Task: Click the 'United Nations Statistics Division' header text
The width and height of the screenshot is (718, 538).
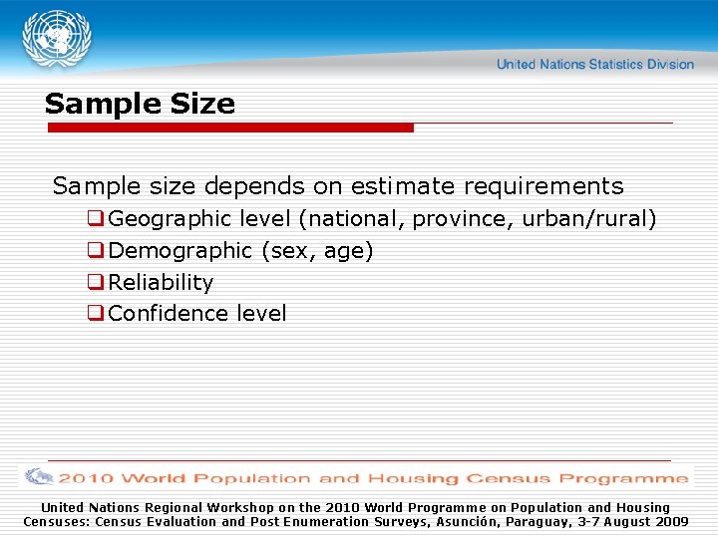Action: pyautogui.click(x=594, y=65)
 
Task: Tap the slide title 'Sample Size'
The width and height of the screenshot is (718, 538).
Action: pyautogui.click(x=140, y=104)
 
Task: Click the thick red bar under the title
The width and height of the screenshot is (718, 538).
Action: pyautogui.click(x=229, y=128)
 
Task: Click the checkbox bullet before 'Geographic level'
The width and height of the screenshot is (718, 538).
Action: pyautogui.click(x=96, y=218)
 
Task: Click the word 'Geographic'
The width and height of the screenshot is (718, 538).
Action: pyautogui.click(x=171, y=218)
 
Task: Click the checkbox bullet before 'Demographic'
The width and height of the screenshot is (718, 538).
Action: pyautogui.click(x=96, y=251)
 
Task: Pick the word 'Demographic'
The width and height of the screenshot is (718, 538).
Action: pyautogui.click(x=180, y=251)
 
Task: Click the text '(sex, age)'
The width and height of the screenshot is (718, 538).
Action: pyautogui.click(x=317, y=251)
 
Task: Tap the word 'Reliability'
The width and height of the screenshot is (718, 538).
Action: pyautogui.click(x=161, y=283)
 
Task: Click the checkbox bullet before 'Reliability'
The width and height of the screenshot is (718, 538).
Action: pyautogui.click(x=96, y=283)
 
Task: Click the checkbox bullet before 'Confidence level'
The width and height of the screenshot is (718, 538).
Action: pyautogui.click(x=96, y=314)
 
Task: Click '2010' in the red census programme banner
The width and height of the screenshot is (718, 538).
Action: pyautogui.click(x=87, y=478)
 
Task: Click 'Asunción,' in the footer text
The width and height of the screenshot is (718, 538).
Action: pyautogui.click(x=474, y=521)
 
